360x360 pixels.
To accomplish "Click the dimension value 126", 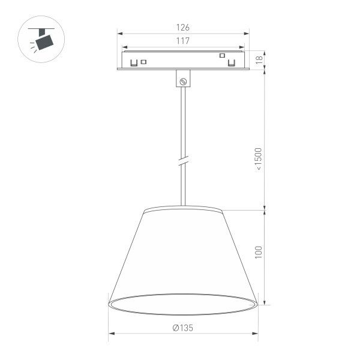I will pyautogui.click(x=183, y=28).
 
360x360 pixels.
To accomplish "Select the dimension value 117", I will pyautogui.click(x=183, y=41).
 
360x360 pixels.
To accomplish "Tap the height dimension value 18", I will pyautogui.click(x=259, y=60).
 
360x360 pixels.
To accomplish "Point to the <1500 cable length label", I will pyautogui.click(x=259, y=160).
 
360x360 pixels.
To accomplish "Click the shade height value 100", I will pyautogui.click(x=259, y=251).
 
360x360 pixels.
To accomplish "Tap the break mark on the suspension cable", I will pyautogui.click(x=183, y=161).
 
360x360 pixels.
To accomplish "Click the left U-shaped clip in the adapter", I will pyautogui.click(x=134, y=61).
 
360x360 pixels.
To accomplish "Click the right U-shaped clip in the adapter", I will pyautogui.click(x=231, y=61).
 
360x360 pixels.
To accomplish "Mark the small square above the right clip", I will pyautogui.click(x=222, y=55).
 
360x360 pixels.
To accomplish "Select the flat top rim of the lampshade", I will pyautogui.click(x=183, y=210).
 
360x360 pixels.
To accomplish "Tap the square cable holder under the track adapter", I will pyautogui.click(x=184, y=79).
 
